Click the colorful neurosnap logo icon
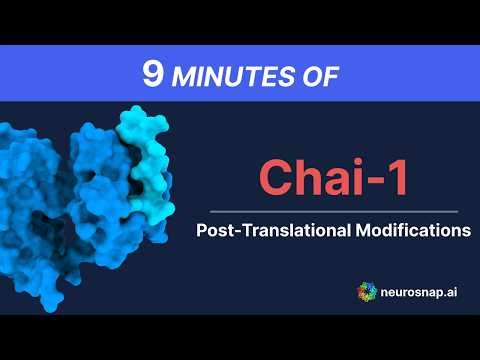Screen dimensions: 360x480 368,291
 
